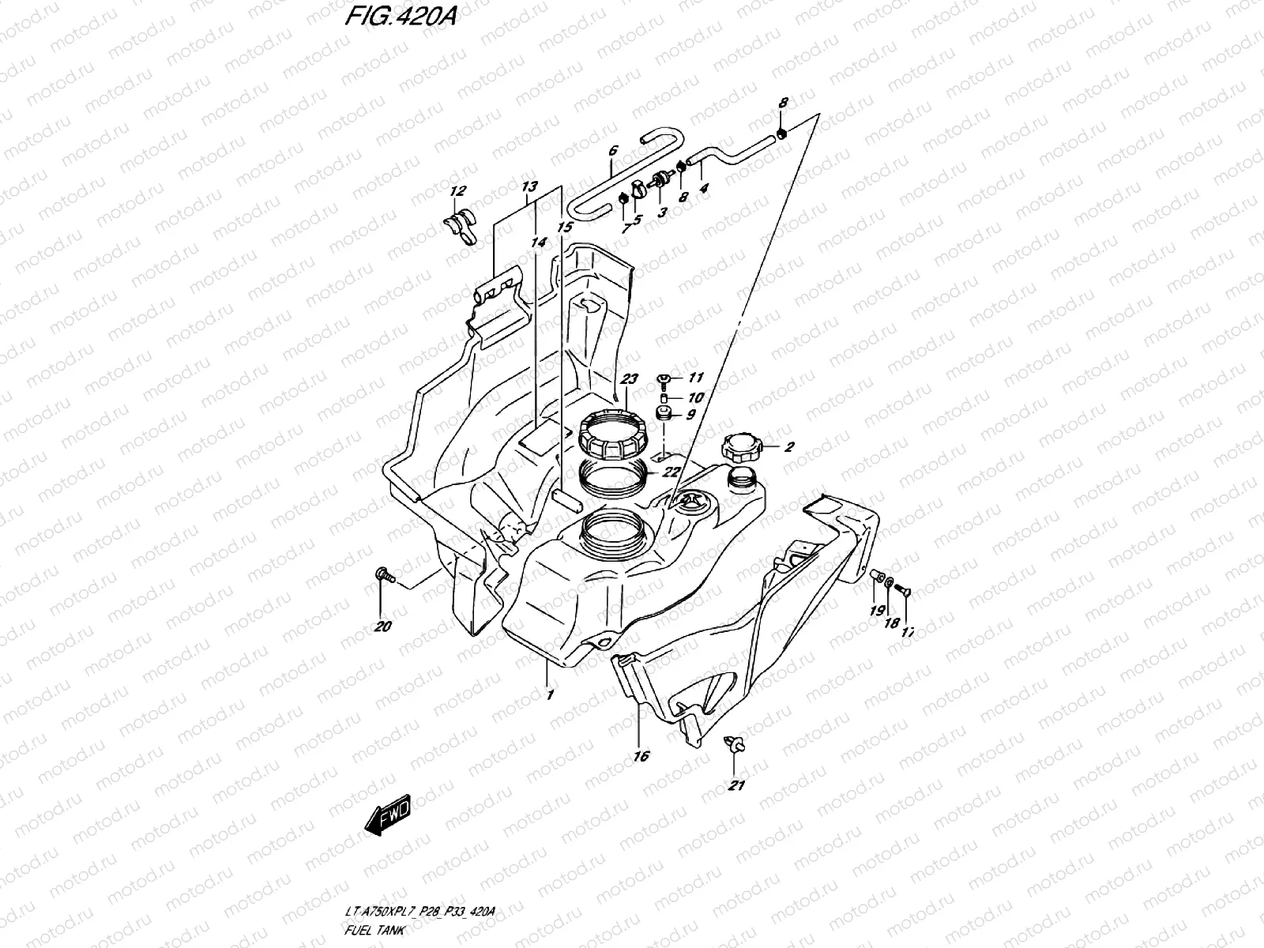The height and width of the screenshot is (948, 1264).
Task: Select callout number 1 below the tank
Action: [549, 695]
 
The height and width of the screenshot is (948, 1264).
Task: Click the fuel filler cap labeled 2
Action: [740, 449]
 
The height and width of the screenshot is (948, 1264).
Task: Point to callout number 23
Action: [628, 379]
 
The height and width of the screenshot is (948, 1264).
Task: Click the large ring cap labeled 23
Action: [613, 437]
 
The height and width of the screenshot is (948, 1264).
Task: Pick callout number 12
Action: [458, 190]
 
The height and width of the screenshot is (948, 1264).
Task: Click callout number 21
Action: [737, 785]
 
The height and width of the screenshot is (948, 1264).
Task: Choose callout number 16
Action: [641, 757]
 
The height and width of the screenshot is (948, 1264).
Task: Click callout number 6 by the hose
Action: [612, 149]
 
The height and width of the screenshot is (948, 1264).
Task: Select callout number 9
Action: [689, 414]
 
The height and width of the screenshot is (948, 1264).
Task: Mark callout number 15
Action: [564, 228]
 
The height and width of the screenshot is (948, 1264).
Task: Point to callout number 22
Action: [671, 472]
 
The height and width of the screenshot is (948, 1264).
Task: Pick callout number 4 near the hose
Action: [704, 189]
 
